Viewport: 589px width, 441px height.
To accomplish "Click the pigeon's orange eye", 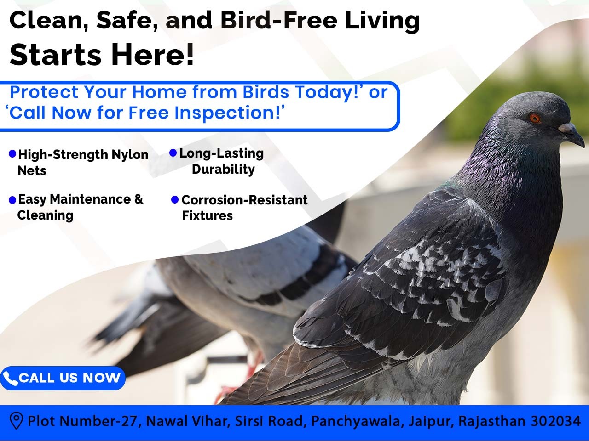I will pyautogui.click(x=535, y=118).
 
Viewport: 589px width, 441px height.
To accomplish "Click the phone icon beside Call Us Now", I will pyautogui.click(x=10, y=379).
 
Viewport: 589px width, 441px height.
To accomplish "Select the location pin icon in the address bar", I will pyautogui.click(x=16, y=421).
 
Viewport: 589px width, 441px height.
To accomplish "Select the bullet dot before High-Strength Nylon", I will pyautogui.click(x=12, y=153).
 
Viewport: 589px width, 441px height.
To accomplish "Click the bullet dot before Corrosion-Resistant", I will pyautogui.click(x=175, y=199).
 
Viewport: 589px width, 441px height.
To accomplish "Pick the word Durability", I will pyautogui.click(x=223, y=170).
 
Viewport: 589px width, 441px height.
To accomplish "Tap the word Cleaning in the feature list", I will pyautogui.click(x=45, y=215).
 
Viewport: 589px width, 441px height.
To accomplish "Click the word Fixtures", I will pyautogui.click(x=207, y=215).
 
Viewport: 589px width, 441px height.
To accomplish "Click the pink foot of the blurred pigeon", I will pyautogui.click(x=251, y=367).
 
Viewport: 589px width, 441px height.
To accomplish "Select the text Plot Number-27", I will pyautogui.click(x=83, y=421).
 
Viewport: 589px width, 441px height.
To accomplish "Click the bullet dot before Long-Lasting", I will pyautogui.click(x=173, y=153).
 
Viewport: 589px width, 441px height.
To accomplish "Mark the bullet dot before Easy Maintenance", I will pyautogui.click(x=12, y=200).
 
